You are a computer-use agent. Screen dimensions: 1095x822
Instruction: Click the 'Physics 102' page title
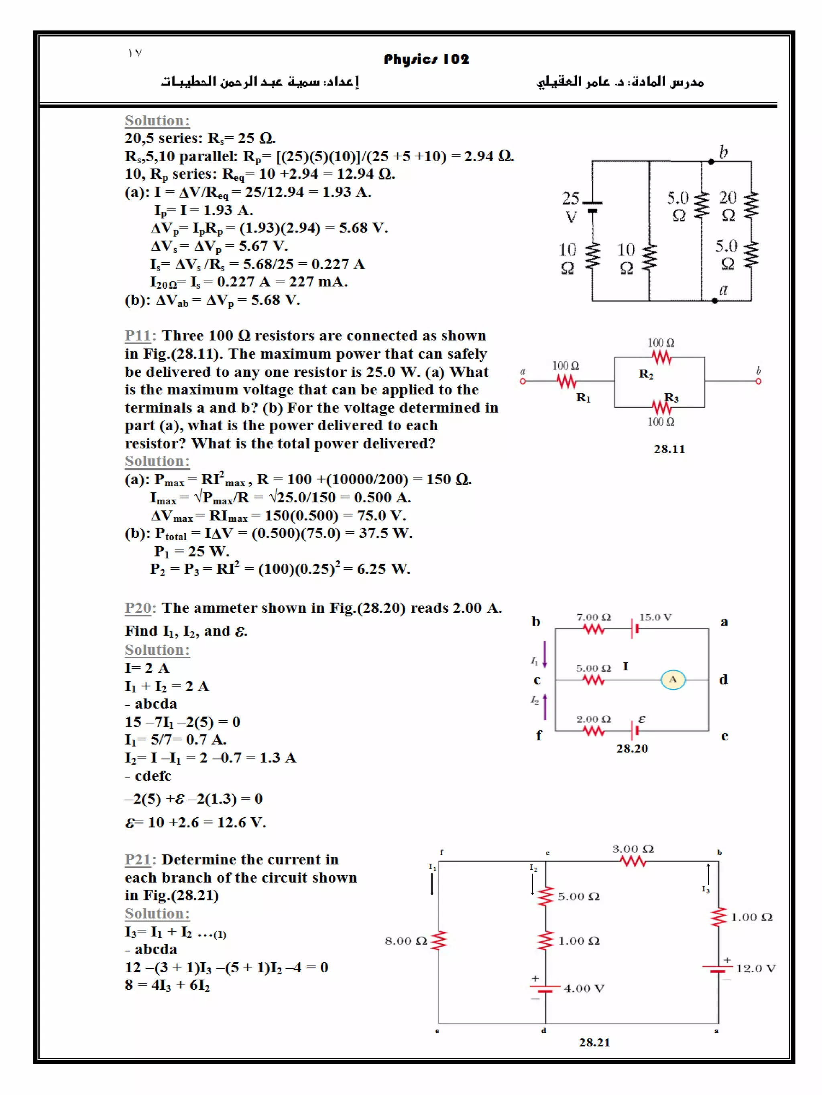[426, 59]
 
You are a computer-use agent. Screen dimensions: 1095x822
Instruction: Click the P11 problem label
[137, 336]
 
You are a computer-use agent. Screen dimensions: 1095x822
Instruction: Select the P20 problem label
[137, 608]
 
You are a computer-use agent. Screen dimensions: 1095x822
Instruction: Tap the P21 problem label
[137, 859]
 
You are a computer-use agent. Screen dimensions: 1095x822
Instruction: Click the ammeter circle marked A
[672, 680]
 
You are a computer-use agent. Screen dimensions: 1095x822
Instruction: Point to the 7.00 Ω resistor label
[593, 617]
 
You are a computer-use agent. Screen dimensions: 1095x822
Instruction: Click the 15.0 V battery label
[655, 617]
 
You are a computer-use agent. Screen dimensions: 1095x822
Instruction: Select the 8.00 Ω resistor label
[405, 941]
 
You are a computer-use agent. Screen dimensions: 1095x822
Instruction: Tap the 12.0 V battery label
[756, 968]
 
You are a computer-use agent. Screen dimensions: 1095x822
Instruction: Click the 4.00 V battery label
[584, 989]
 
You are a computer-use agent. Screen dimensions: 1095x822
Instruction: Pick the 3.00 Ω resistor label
[633, 849]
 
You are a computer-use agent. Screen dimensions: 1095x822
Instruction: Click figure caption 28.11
[669, 449]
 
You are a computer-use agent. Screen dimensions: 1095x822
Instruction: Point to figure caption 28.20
[632, 749]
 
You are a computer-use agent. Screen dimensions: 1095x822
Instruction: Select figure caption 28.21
[594, 1042]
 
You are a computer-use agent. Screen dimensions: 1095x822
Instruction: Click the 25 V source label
[571, 207]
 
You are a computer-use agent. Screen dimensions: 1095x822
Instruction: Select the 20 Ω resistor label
[728, 206]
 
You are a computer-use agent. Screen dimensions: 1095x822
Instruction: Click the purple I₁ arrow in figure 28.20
[545, 654]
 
